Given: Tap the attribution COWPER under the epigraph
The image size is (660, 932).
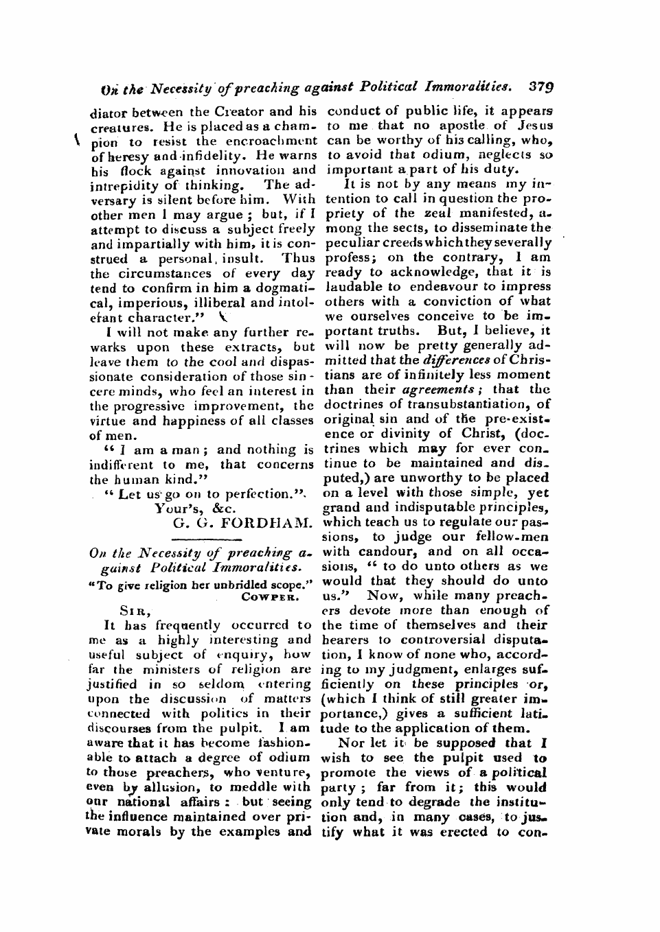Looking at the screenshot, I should [x=268, y=596].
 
